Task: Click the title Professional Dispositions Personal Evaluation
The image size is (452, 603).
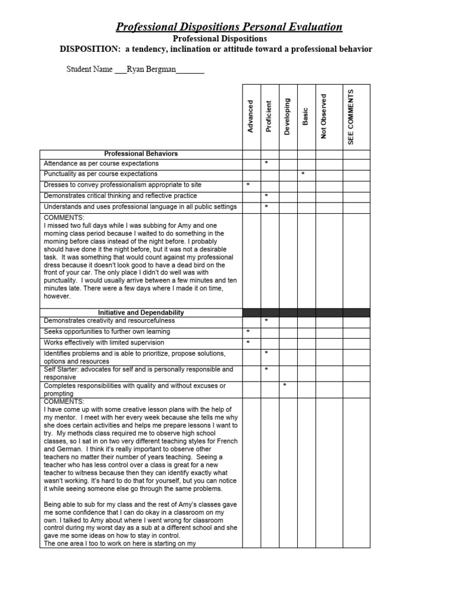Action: [228, 26]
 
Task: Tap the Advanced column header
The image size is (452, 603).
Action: [251, 116]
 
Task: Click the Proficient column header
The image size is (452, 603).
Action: [268, 116]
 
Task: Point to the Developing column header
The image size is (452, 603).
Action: [287, 116]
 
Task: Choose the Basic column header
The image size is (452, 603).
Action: [305, 116]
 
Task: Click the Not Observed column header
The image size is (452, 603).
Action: [323, 116]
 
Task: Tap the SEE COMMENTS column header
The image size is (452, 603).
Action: [351, 116]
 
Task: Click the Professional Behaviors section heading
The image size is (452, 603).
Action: [141, 154]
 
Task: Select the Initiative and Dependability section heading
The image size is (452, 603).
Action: [141, 313]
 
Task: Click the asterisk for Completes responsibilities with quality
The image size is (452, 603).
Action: [285, 386]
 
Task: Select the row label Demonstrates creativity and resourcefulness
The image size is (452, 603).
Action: [109, 321]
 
